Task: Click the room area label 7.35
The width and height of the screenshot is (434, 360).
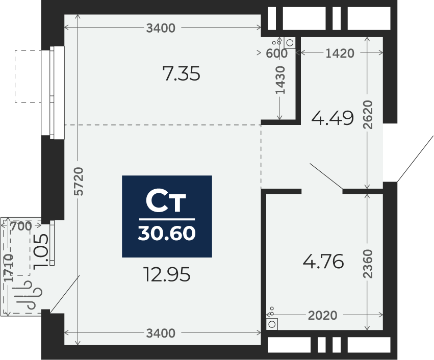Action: tap(181, 74)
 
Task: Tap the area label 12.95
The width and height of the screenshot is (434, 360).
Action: tap(167, 274)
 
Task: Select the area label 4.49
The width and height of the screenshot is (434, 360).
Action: tap(333, 118)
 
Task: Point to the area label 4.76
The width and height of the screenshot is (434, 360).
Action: tap(323, 262)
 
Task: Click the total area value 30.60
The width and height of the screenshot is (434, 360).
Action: tap(167, 233)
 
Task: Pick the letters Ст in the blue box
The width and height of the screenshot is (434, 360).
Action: tap(166, 201)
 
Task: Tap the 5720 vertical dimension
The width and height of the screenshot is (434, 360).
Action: tap(79, 181)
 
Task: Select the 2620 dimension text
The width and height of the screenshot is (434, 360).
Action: tap(368, 115)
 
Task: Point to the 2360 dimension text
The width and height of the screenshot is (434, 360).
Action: tap(368, 264)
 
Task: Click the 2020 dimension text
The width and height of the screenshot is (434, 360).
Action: tap(322, 315)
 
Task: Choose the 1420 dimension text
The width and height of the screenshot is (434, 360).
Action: tap(340, 54)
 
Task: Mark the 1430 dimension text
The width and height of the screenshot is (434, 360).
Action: tap(280, 80)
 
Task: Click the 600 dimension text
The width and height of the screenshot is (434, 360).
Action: tap(276, 54)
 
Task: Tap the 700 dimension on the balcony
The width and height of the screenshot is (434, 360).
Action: tap(21, 226)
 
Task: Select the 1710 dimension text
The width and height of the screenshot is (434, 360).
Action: tap(9, 267)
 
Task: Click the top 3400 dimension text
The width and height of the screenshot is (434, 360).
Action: tap(161, 28)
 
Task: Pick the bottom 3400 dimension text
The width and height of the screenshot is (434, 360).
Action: tap(161, 333)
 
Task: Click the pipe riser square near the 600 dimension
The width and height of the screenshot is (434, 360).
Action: tap(290, 43)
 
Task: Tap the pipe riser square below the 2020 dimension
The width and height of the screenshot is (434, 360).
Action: tap(272, 324)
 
